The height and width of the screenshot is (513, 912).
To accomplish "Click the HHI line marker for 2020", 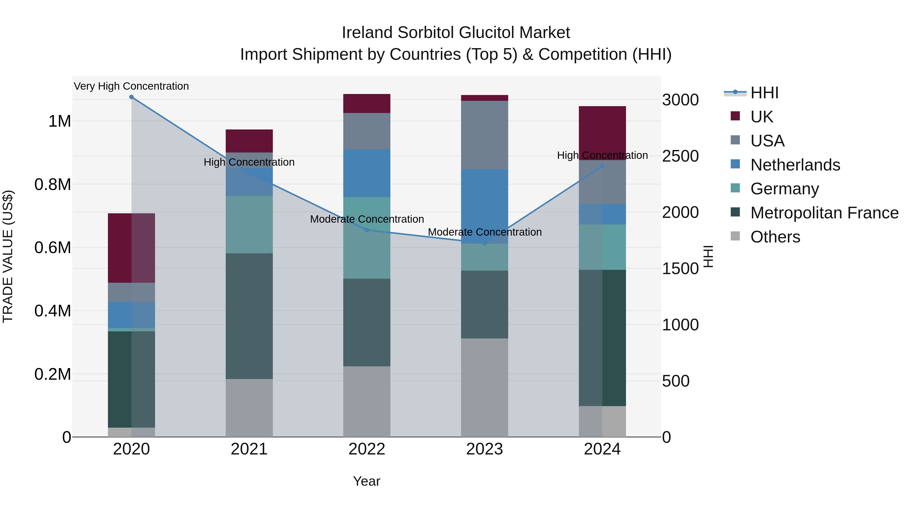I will (131, 97).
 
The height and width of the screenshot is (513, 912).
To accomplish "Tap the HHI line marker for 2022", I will (367, 230).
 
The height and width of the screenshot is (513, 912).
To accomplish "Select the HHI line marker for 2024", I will (602, 166).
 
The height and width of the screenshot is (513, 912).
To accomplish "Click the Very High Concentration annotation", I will (131, 86).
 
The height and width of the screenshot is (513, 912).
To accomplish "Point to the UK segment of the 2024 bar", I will (602, 133).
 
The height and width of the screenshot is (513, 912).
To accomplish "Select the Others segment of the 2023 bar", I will (484, 387).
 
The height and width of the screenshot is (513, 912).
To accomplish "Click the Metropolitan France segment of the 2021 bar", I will (249, 316).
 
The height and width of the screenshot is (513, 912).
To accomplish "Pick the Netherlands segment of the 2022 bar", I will (367, 173).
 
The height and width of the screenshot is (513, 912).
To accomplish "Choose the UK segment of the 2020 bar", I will (131, 248).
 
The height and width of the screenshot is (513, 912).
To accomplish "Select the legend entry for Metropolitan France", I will (824, 213).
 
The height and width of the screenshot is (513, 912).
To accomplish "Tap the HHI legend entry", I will (764, 93).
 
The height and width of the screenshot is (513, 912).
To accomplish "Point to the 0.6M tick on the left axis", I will (53, 248).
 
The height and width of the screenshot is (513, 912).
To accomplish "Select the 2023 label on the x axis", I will (484, 449).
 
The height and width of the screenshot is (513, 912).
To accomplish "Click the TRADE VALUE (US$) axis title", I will (8, 256).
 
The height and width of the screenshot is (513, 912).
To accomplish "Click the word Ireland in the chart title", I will (367, 33).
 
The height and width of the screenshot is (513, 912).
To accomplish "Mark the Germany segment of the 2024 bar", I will (602, 247).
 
